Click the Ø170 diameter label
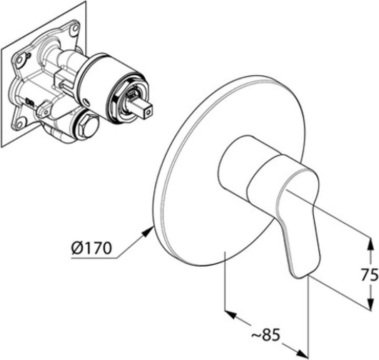pyautogui.click(x=92, y=248)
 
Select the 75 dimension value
pyautogui.click(x=370, y=275)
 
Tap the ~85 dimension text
pyautogui.click(x=266, y=335)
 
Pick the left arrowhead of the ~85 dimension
pyautogui.click(x=231, y=314)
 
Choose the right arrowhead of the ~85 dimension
pyautogui.click(x=303, y=354)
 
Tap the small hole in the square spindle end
pyautogui.click(x=148, y=112)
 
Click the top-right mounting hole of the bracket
pyautogui.click(x=75, y=28)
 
